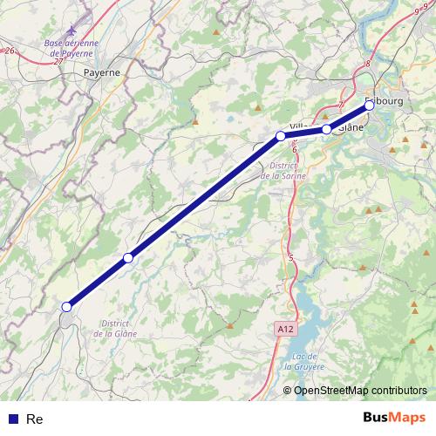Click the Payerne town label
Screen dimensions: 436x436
click(102, 73)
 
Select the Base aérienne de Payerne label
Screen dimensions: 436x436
click(71, 47)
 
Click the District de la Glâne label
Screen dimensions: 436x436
click(117, 328)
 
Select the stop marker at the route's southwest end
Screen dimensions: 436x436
click(66, 306)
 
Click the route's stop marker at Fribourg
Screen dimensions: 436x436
click(369, 105)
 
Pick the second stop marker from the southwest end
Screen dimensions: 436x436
click(128, 257)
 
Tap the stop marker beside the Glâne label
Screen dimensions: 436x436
click(327, 129)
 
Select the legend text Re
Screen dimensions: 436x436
click(35, 419)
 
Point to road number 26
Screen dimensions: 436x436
click(10, 51)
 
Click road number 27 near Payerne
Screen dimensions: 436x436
click(58, 62)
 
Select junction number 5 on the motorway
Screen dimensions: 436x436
click(290, 257)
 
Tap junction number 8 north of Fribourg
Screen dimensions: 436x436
click(368, 64)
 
